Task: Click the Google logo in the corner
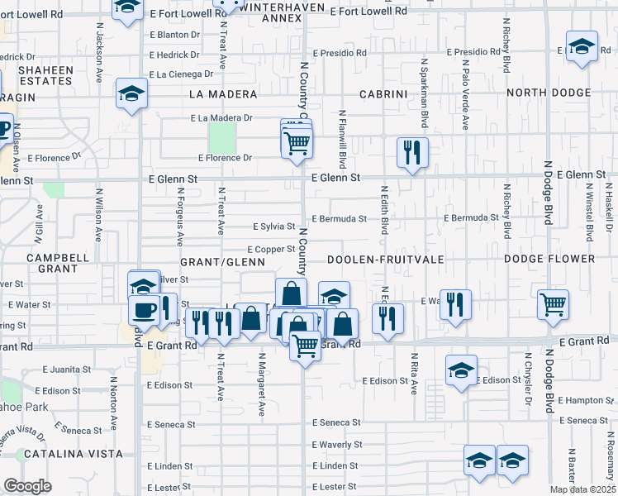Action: click(27, 486)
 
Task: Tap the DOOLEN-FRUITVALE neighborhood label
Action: click(385, 260)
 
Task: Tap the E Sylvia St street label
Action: click(273, 227)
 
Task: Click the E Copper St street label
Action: click(271, 249)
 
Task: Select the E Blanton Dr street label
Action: click(175, 35)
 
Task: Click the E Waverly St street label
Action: click(335, 445)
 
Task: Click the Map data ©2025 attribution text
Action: click(583, 489)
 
